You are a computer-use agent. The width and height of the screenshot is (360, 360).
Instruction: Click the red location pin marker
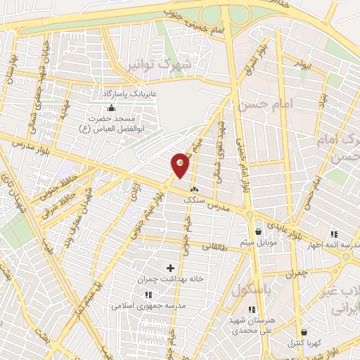(180, 165)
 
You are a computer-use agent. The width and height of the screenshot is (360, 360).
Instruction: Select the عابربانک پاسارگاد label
(129, 93)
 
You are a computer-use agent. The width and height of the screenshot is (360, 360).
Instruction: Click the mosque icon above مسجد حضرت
(110, 108)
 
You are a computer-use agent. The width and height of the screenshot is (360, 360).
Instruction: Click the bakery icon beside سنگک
(194, 189)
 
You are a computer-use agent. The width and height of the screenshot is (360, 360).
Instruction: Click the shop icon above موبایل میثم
(258, 231)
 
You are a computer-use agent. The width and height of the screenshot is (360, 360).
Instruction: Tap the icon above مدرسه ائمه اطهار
(334, 234)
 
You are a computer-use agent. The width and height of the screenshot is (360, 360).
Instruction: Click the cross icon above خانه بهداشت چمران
(170, 267)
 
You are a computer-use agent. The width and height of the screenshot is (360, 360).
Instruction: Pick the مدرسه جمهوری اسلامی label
(148, 306)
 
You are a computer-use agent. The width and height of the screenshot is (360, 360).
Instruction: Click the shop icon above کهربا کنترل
(303, 332)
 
